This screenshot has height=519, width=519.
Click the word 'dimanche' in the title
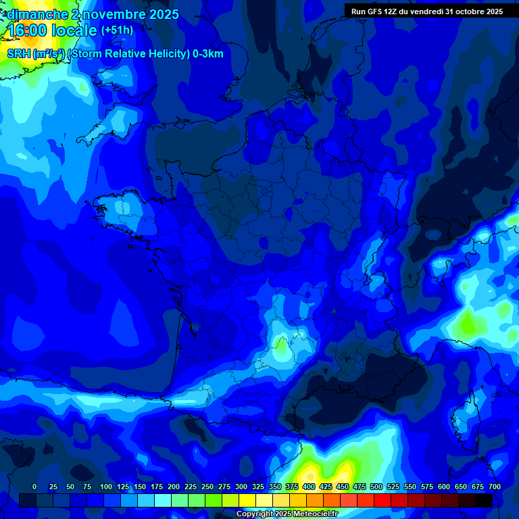36,14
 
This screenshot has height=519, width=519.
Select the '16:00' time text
28,30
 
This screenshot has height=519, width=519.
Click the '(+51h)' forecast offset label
117,30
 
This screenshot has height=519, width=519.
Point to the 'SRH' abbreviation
18,54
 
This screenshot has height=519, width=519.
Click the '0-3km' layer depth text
208,54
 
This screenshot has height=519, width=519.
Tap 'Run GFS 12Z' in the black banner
378,11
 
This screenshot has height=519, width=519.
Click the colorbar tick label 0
34,487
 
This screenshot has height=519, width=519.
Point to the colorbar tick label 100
106,487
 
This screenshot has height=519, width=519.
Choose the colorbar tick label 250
207,487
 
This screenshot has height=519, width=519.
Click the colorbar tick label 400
309,487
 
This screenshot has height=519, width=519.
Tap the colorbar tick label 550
410,487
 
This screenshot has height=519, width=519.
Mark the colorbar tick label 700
495,487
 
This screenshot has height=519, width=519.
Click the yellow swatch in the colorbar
247,500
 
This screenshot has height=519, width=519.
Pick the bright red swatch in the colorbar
382,500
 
